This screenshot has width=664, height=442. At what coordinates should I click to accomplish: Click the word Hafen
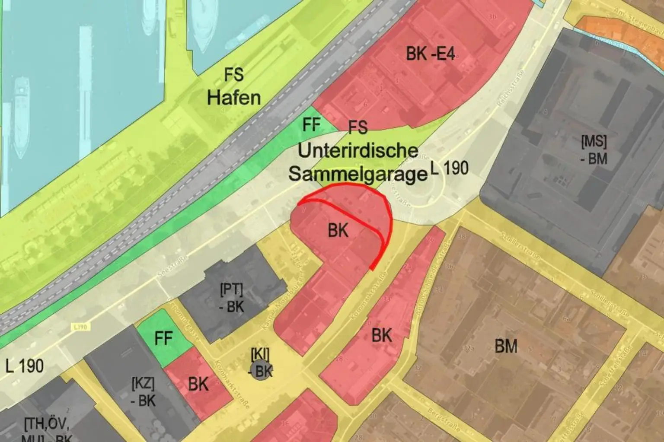(234, 98)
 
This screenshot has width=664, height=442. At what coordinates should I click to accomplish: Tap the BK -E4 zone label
(430, 54)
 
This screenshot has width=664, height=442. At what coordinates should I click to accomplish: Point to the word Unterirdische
(358, 151)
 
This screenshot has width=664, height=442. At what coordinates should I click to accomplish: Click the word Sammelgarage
(358, 174)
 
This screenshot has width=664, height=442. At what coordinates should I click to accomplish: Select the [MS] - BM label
(594, 149)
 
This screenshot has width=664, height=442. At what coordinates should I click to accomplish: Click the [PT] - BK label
(232, 298)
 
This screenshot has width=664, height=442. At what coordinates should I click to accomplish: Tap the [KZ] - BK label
(143, 391)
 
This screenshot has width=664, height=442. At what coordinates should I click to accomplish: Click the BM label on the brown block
(506, 346)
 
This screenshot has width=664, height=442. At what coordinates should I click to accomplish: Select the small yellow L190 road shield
(80, 327)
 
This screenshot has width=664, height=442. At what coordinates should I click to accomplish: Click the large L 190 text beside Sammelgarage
(450, 168)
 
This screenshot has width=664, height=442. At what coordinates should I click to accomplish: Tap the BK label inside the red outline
(338, 230)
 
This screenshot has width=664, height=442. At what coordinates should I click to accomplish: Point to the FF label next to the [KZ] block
(163, 338)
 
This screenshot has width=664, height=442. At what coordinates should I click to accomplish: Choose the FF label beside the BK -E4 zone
(311, 125)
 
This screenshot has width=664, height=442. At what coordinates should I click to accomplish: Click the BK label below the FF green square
(198, 384)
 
